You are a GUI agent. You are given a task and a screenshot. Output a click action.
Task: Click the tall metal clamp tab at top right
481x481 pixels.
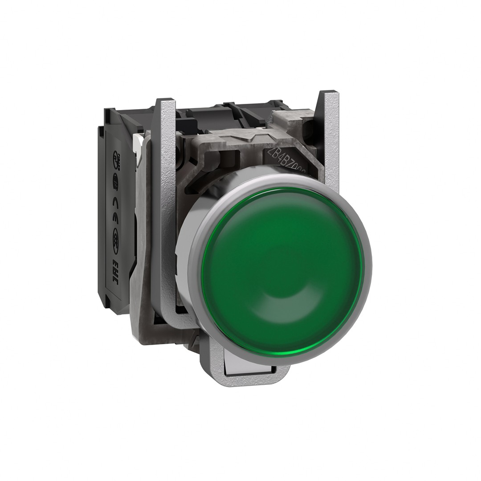330,134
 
